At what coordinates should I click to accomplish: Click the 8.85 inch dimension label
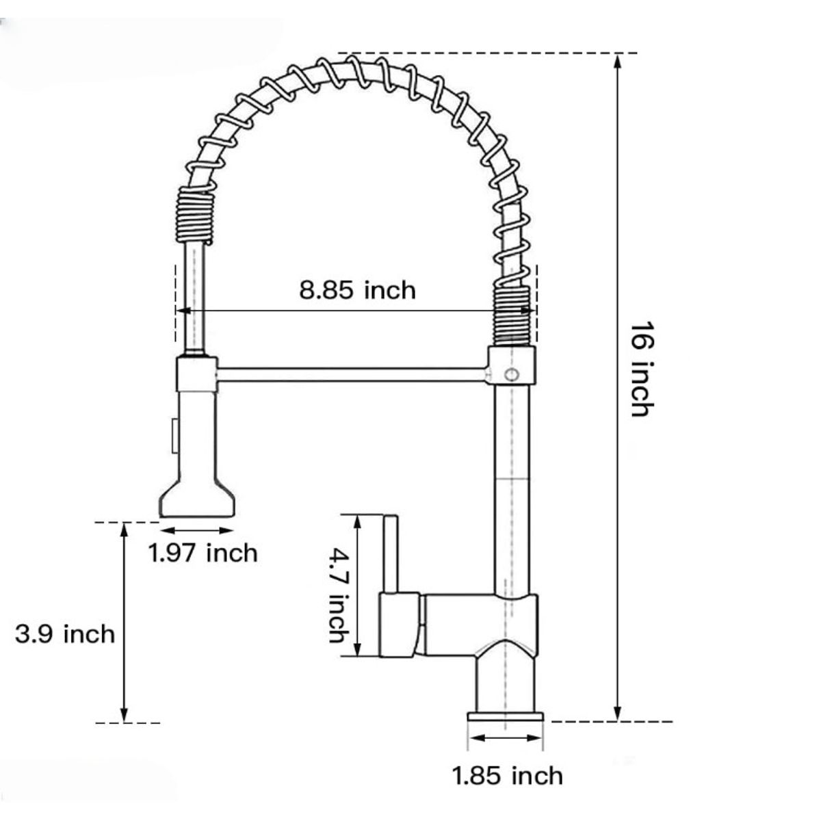357,289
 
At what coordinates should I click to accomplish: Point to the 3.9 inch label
65,634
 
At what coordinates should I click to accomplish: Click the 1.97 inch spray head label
203,552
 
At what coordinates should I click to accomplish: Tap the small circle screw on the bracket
510,374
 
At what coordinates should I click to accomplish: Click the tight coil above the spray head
197,214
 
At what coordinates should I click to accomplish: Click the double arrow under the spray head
197,530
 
